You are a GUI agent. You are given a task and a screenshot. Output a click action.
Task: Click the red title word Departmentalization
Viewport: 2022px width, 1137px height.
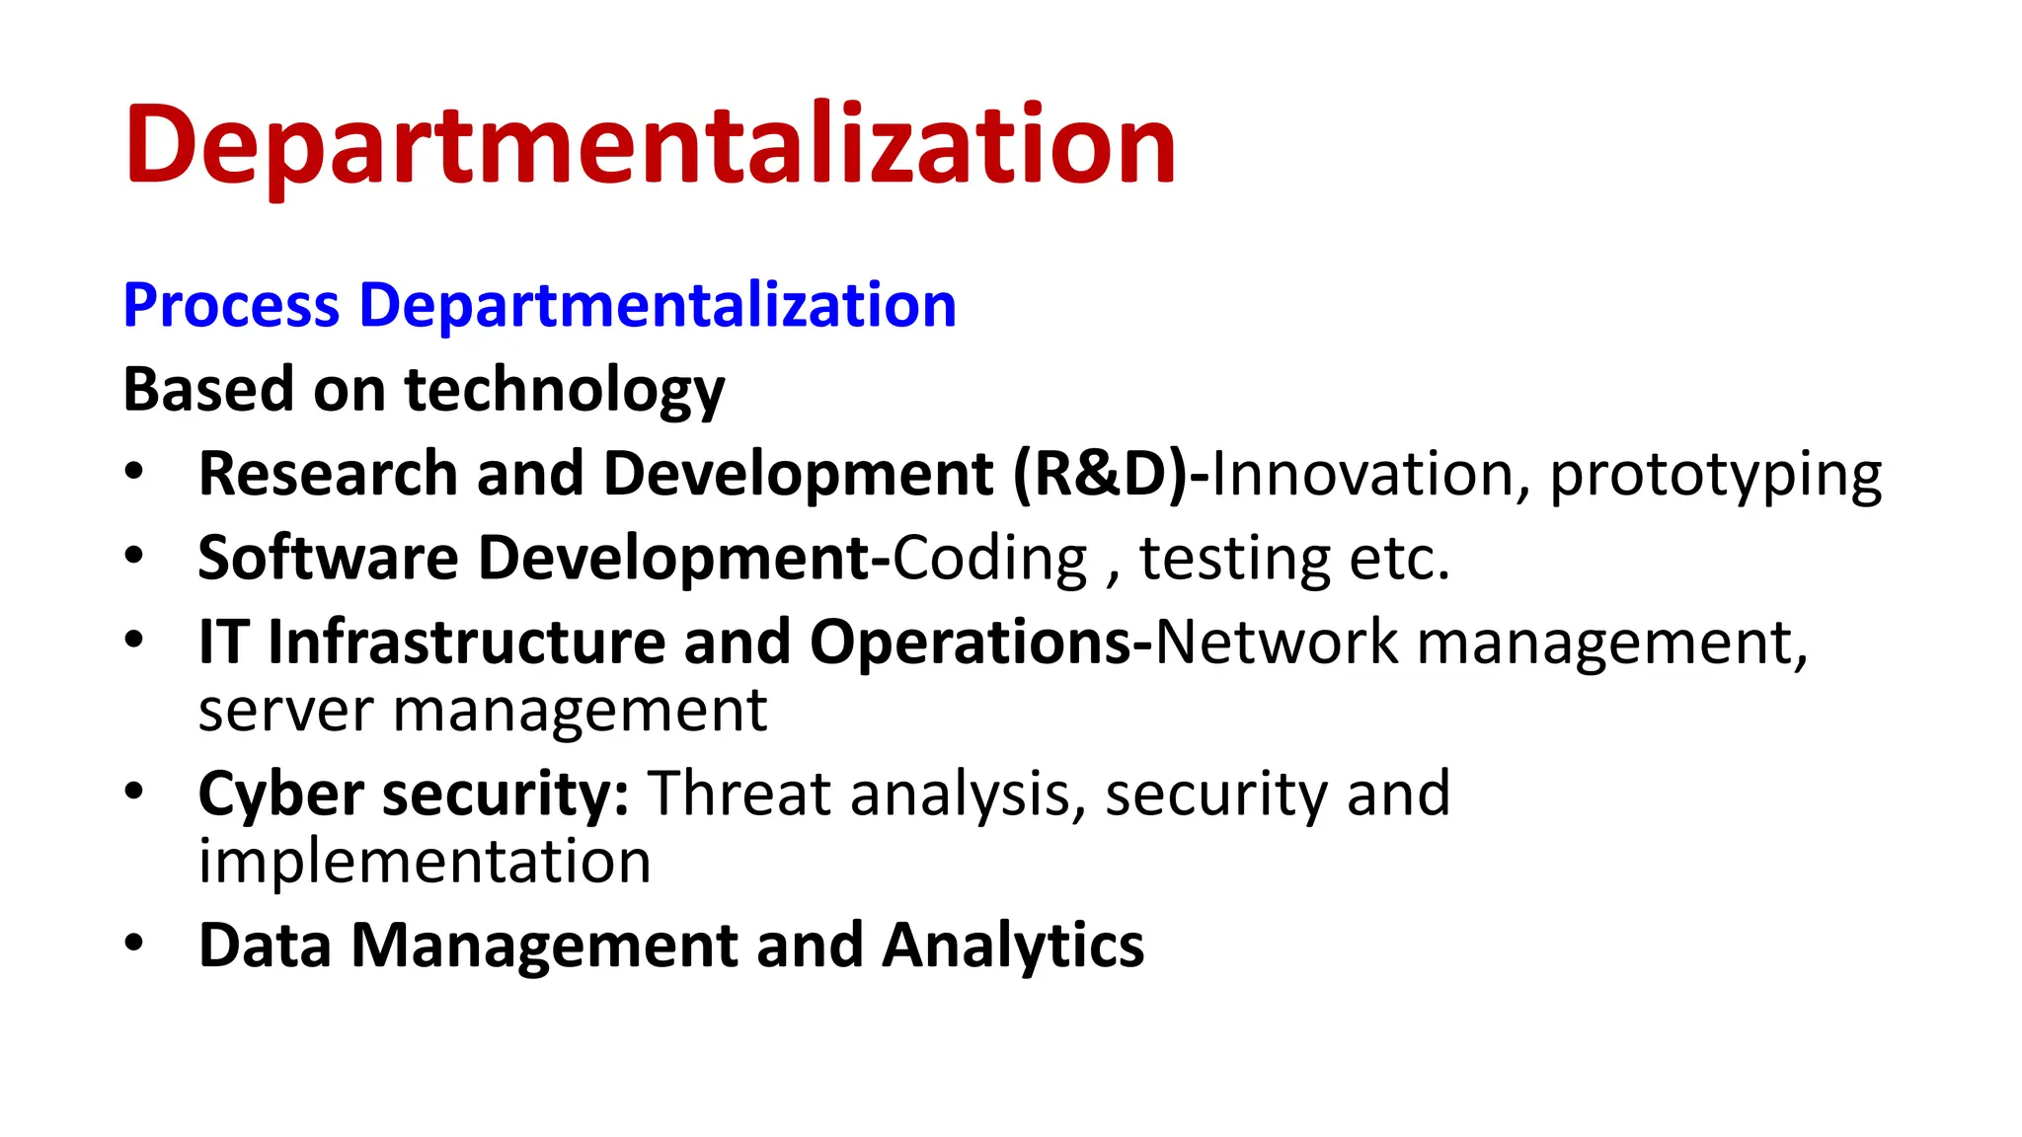[650, 146]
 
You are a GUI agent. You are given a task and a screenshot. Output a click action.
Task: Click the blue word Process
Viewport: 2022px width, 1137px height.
[231, 305]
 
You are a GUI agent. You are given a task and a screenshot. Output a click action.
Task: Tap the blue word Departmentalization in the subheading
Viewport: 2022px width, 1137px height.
[658, 305]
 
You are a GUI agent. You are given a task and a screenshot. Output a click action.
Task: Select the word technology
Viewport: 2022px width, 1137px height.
[565, 390]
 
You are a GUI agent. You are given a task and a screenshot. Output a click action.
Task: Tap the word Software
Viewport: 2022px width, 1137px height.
[328, 559]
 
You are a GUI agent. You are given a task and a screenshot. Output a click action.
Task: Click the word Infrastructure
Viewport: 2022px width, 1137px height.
[467, 643]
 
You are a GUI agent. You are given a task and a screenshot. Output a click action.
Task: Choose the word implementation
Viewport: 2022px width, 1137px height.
[425, 862]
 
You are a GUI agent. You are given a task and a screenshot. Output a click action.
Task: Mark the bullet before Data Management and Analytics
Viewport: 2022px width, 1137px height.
[134, 943]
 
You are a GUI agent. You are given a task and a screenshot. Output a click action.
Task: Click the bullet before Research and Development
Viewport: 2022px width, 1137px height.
[134, 471]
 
